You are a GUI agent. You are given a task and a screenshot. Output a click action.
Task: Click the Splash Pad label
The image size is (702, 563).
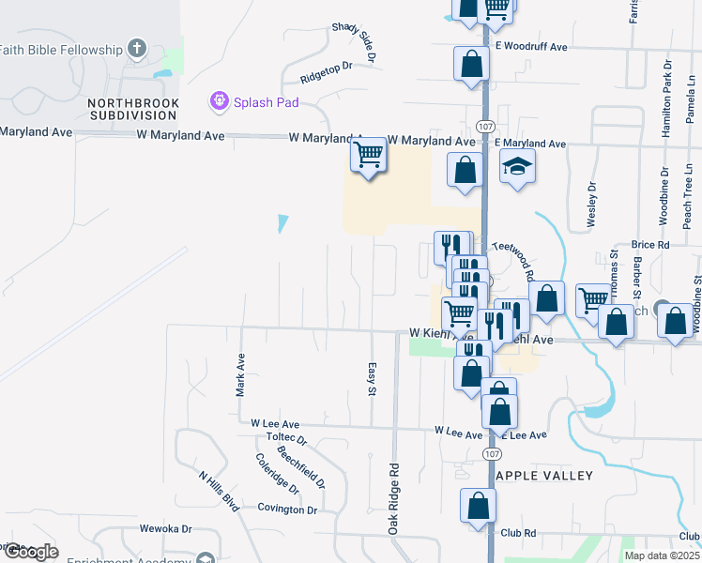click(x=266, y=101)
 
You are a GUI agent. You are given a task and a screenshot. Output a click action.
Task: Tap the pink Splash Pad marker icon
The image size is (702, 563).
click(x=220, y=100)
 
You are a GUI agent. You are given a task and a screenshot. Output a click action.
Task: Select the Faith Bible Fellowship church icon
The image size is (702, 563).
click(x=137, y=49)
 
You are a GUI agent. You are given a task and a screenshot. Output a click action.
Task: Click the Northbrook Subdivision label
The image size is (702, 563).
click(x=131, y=108)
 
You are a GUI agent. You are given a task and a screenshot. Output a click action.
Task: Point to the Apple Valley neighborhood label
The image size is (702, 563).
click(x=544, y=476)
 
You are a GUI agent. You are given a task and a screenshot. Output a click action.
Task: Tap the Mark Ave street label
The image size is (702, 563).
click(x=241, y=374)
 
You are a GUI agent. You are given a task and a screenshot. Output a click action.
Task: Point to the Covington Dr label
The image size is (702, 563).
click(x=288, y=510)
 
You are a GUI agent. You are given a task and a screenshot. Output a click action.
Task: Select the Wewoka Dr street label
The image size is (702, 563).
click(x=165, y=529)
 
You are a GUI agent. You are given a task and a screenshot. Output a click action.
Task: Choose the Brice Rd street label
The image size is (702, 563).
click(x=650, y=244)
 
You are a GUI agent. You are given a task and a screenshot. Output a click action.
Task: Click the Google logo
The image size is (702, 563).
click(x=31, y=552)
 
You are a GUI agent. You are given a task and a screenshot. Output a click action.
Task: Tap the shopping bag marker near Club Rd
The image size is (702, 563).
click(x=478, y=506)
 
